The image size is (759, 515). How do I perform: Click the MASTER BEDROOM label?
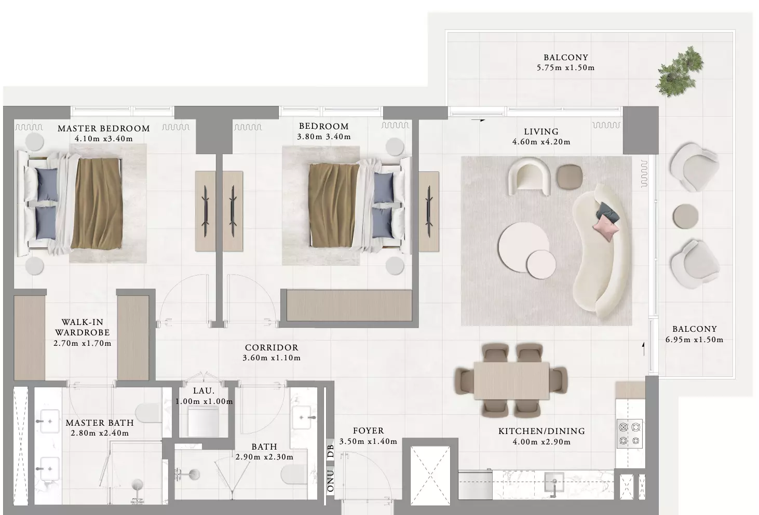click(x=104, y=128)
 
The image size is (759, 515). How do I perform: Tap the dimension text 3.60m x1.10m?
click(x=272, y=358)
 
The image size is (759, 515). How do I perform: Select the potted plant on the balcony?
click(x=680, y=72)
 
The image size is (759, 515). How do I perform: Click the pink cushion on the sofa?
click(x=606, y=228)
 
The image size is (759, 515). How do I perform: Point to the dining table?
click(x=511, y=381)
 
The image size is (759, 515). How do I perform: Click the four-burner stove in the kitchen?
click(x=630, y=433)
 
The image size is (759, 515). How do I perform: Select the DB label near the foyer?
click(x=330, y=451)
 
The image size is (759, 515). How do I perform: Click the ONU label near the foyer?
click(x=330, y=480)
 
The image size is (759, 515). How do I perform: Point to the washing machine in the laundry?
click(x=204, y=422)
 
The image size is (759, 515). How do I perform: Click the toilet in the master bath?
click(x=148, y=413)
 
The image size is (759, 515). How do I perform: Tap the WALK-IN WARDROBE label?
click(x=83, y=327)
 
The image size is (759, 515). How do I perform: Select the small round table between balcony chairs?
click(x=685, y=216)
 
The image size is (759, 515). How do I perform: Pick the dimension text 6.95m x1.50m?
click(x=694, y=340)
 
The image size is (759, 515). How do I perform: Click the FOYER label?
click(x=368, y=430)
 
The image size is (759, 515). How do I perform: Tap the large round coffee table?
click(x=523, y=247)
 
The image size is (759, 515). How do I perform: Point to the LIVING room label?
click(x=541, y=131)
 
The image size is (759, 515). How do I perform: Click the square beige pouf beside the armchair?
click(x=570, y=177)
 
